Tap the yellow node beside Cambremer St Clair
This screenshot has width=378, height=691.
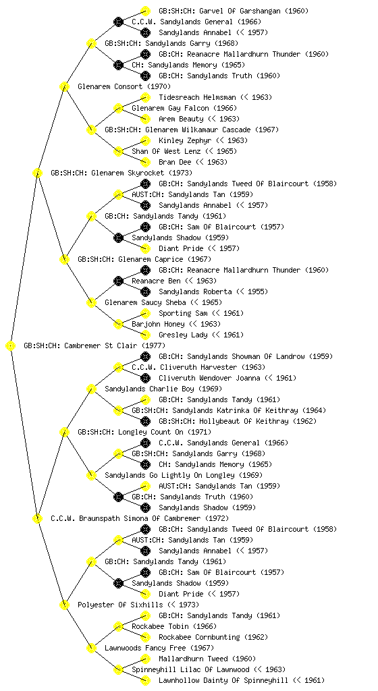pyautogui.click(x=11, y=346)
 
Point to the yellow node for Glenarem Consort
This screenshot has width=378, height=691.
pyautogui.click(x=64, y=86)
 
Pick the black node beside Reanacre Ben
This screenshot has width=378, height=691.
pyautogui.click(x=118, y=281)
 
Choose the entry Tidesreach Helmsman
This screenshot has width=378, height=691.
pyautogui.click(x=197, y=97)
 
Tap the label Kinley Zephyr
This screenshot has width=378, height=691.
pyautogui.click(x=181, y=140)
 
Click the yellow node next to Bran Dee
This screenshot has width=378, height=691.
pyautogui.click(x=145, y=162)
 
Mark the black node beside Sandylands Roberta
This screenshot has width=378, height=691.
pyautogui.click(x=145, y=292)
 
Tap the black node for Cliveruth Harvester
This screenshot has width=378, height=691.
pyautogui.click(x=118, y=367)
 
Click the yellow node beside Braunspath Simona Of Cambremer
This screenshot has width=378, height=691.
pyautogui.click(x=37, y=518)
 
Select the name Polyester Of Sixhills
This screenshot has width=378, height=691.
pyautogui.click(x=120, y=605)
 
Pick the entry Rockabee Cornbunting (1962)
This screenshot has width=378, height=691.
pyautogui.click(x=205, y=637)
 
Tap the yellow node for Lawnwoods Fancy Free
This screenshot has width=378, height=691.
pyautogui.click(x=91, y=648)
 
